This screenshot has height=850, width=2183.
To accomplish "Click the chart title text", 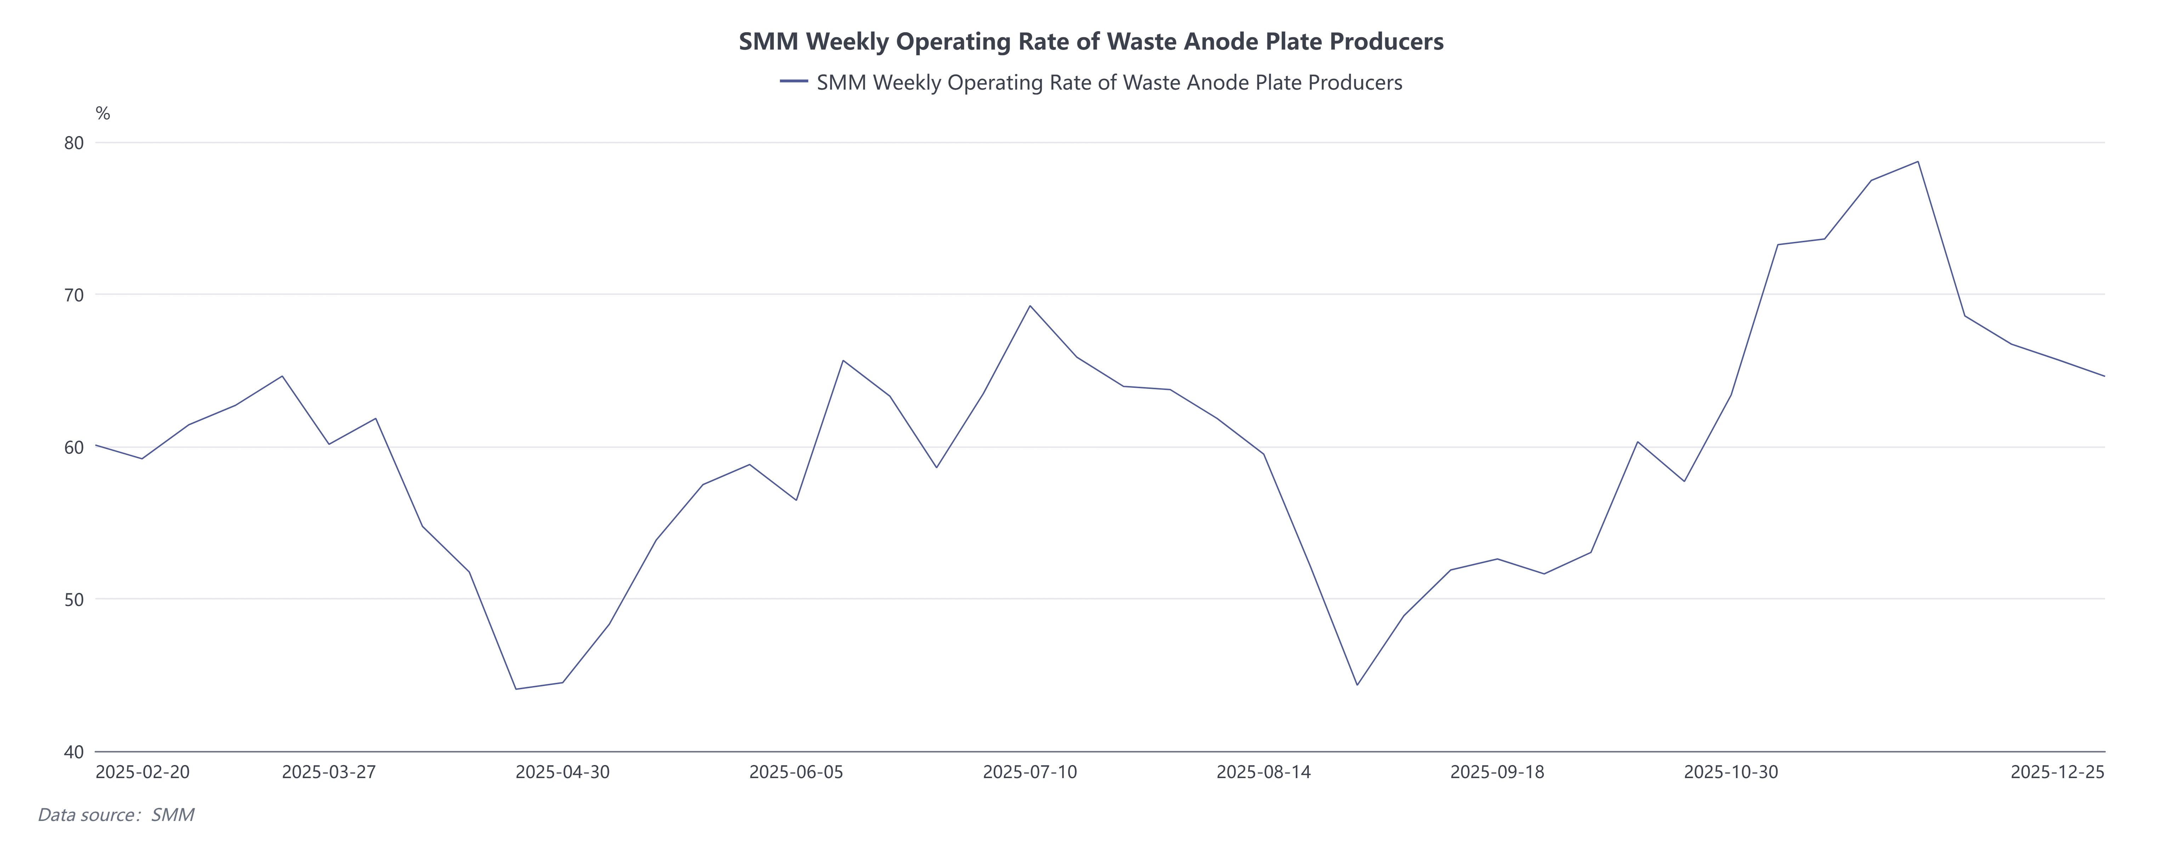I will [1091, 41].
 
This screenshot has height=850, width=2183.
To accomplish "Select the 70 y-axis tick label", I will [75, 295].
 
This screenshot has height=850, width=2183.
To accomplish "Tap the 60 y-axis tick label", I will [75, 447].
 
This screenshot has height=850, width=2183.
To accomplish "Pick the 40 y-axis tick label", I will [75, 752].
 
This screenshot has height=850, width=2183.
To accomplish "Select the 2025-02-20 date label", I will [142, 772].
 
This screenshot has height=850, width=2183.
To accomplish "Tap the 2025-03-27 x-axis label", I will [329, 772].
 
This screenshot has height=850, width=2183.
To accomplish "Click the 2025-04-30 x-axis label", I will [563, 772].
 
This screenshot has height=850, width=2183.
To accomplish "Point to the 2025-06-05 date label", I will [796, 772].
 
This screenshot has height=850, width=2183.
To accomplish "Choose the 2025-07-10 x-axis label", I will [1030, 772].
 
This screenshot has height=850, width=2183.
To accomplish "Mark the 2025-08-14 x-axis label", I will [1264, 772].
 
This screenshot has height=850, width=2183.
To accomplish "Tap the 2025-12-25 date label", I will [2057, 772].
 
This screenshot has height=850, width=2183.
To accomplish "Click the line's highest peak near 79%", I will [1918, 162].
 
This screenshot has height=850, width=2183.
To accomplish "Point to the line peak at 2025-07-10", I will [1030, 306].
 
